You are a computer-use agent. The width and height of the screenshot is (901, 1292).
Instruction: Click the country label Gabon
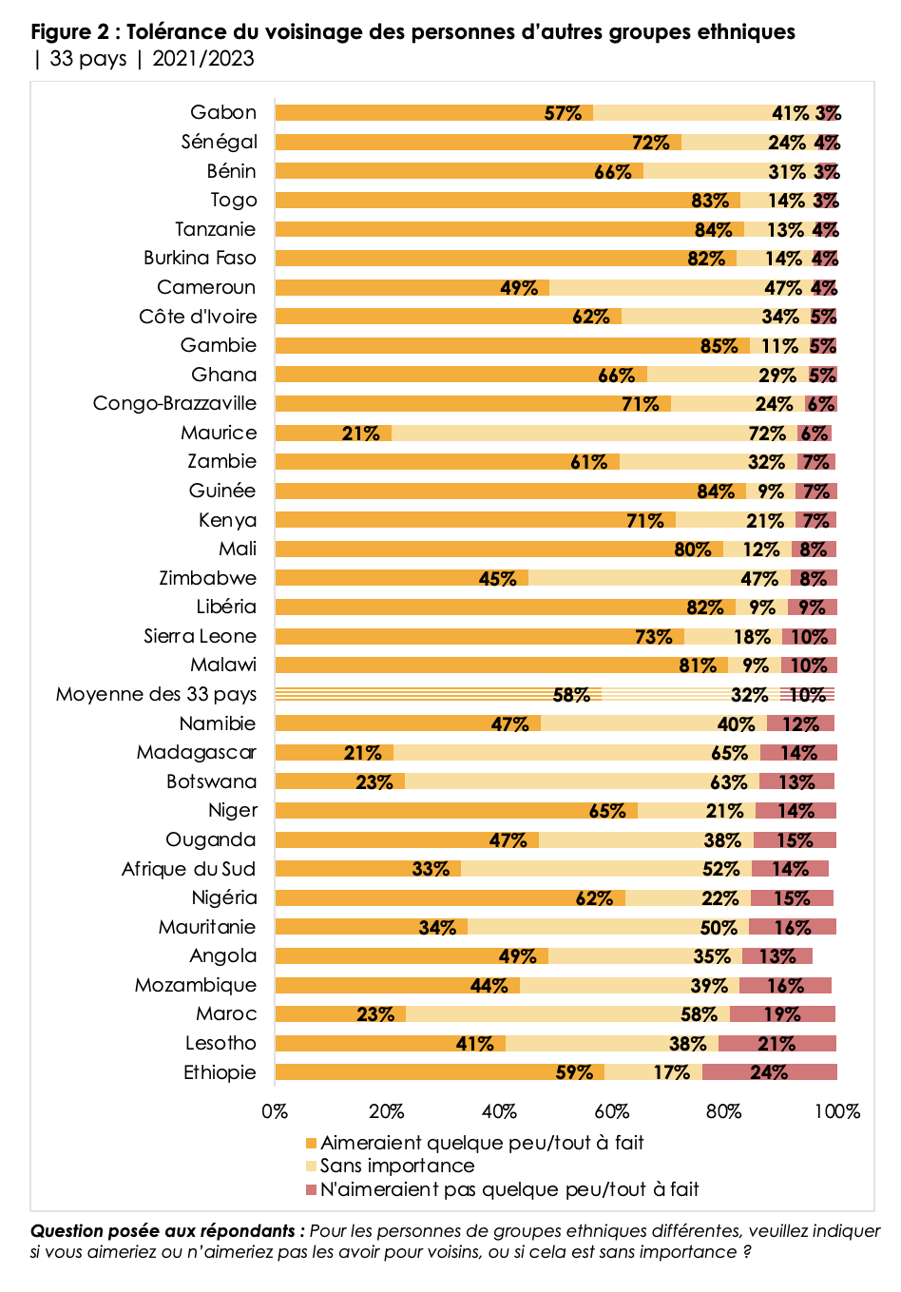[223, 112]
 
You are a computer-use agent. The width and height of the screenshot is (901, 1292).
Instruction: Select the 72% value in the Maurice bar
[767, 434]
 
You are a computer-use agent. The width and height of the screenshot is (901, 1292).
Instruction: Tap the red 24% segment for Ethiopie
[769, 1072]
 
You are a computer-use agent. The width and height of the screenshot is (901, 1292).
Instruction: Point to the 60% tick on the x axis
[612, 1111]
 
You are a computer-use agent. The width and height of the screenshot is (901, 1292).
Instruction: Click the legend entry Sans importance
[397, 1166]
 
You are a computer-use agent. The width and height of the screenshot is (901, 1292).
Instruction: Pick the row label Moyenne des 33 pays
[156, 694]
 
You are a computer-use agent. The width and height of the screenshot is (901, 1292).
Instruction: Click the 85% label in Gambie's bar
[719, 346]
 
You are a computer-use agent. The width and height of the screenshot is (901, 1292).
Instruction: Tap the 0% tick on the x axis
[275, 1111]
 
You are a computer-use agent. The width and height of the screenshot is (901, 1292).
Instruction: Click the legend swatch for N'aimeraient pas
[311, 1190]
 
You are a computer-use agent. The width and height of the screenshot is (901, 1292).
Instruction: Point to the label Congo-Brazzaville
[175, 403]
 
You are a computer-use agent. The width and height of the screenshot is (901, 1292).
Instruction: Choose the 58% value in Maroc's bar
[699, 1014]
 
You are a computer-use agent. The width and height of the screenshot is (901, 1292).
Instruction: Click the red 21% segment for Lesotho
[776, 1044]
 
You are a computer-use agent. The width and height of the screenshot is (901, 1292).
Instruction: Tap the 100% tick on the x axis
[837, 1111]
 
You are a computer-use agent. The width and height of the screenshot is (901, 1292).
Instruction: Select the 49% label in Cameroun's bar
[519, 288]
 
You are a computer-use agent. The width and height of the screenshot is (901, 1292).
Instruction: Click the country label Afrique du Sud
[189, 869]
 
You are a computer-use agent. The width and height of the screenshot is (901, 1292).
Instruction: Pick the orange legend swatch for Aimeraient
[311, 1143]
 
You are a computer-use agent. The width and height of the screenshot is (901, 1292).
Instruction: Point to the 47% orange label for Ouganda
[508, 840]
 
